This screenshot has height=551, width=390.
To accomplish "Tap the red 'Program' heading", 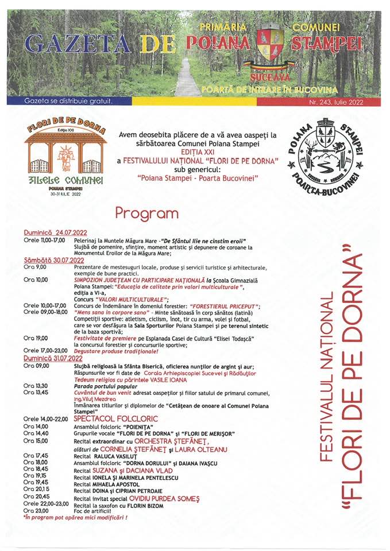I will click(x=147, y=213).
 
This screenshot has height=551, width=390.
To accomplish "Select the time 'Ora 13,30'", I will click(x=36, y=386).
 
